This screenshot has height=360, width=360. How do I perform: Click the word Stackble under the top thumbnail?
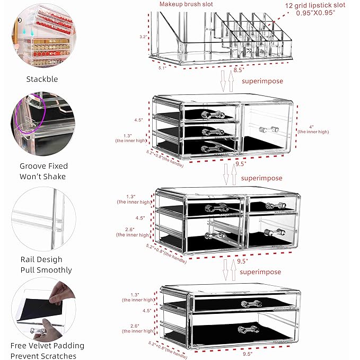tap(42, 79)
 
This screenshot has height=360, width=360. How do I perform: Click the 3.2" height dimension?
tap(142, 37)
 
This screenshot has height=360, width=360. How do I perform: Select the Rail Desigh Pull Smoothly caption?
tap(42, 265)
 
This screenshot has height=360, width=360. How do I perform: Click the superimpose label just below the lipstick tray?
tap(262, 81)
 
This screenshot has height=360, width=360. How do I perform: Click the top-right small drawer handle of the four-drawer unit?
tap(271, 205)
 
